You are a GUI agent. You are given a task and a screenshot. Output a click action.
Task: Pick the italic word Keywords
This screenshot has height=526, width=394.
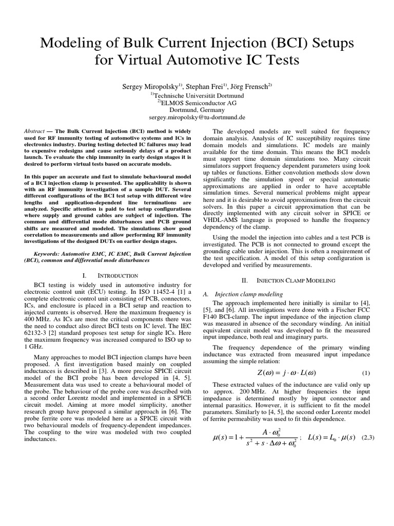(51, 253)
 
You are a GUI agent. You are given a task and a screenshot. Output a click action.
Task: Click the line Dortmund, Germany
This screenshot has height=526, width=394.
(197, 109)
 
